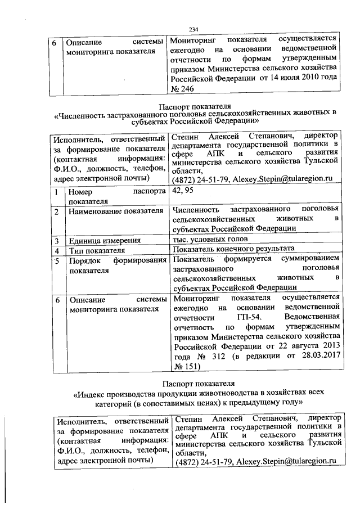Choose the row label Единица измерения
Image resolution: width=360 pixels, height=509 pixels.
click(103, 240)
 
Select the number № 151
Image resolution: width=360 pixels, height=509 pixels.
click(185, 368)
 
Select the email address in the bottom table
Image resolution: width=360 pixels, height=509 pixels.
click(281, 461)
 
